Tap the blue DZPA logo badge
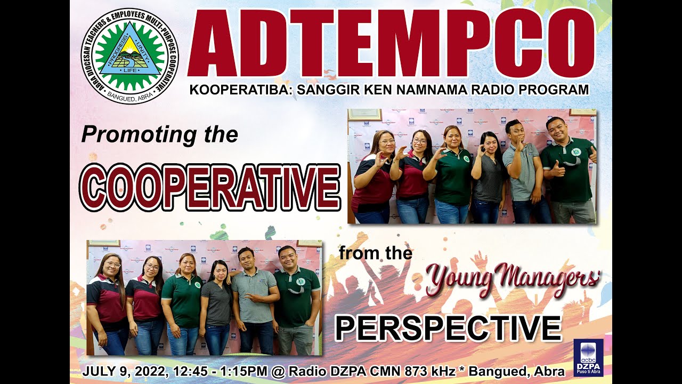point(588,357)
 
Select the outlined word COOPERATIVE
point(209,187)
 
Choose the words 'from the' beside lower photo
point(376,253)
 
